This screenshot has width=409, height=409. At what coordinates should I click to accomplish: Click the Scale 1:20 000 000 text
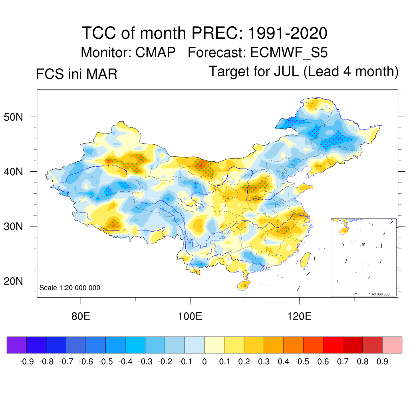70,288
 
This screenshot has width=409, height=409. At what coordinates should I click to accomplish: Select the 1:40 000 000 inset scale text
381,294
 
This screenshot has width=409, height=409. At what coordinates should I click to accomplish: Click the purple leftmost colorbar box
17,345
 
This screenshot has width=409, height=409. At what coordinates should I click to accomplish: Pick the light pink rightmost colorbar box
392,345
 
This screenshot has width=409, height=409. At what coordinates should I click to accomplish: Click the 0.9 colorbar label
383,362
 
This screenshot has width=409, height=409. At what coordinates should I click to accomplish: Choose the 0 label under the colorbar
204,362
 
